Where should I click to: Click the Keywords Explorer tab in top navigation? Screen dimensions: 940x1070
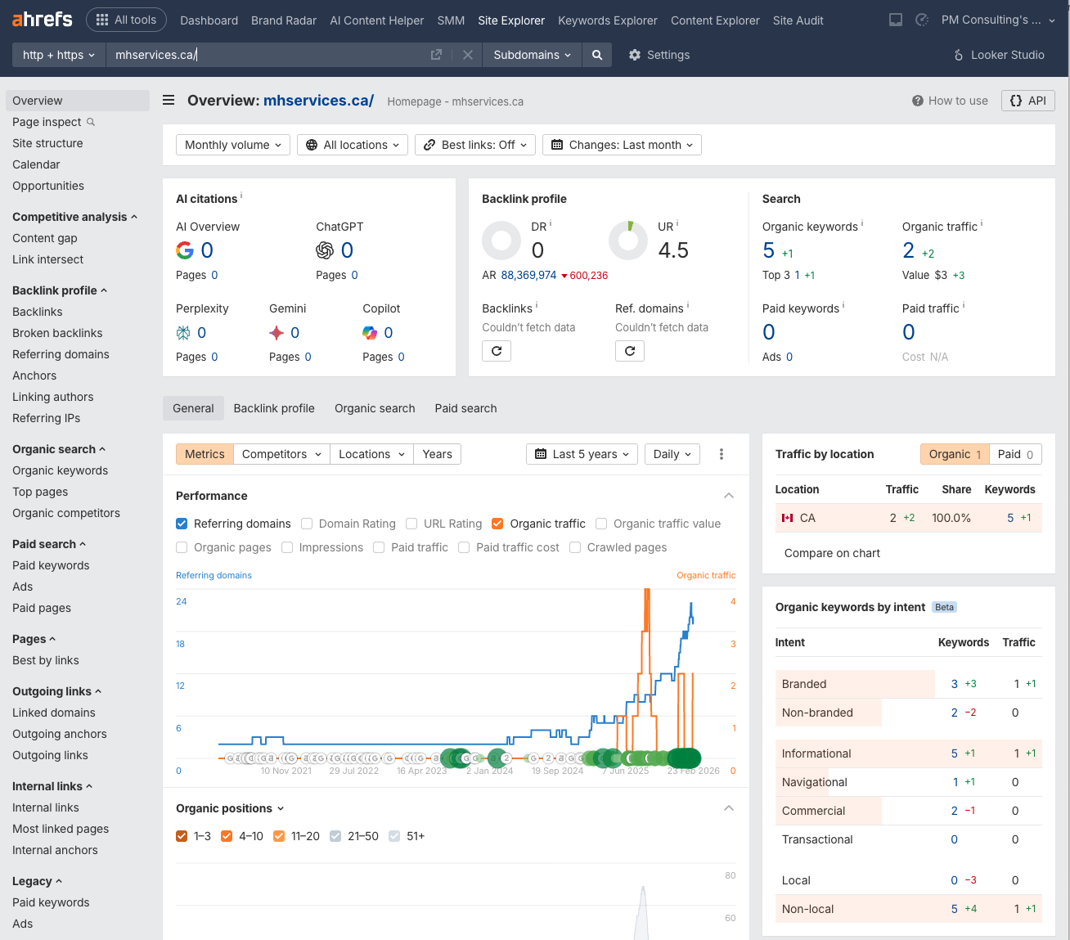607,20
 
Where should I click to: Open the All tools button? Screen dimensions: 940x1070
126,20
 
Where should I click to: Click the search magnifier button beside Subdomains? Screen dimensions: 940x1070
597,55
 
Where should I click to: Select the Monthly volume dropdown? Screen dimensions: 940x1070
232,145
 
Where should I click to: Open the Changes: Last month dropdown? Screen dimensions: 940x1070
622,145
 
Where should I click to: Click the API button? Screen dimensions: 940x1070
1027,101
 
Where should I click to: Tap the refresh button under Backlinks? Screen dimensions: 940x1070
497,351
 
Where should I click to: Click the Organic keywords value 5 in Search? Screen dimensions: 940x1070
768,250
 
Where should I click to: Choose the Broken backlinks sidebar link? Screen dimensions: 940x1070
57,333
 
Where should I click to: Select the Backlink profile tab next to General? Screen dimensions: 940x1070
274,408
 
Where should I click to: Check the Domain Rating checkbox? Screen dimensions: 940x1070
307,524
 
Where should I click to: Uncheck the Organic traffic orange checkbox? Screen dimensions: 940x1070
497,524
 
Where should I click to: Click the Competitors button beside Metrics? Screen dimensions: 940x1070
281,454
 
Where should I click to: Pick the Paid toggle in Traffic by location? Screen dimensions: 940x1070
1015,454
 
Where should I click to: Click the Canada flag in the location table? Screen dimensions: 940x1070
788,518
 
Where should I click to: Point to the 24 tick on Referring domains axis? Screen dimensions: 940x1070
181,601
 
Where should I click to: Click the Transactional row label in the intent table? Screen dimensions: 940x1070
816,839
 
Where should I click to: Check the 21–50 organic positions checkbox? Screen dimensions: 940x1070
335,836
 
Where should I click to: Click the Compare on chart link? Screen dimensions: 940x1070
832,553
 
